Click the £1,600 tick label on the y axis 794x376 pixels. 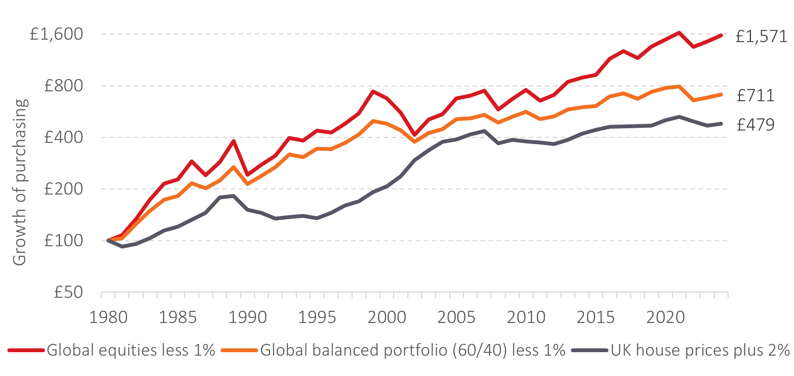click(56, 34)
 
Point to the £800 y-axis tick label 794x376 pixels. click(63, 86)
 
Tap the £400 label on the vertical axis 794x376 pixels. click(63, 137)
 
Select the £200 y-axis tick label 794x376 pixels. click(63, 189)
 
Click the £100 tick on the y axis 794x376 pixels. click(63, 240)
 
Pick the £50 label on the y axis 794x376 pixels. click(68, 292)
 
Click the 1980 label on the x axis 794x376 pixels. click(108, 317)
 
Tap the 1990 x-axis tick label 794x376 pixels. click(248, 317)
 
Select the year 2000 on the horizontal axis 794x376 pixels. click(387, 317)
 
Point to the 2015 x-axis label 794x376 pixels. click(596, 317)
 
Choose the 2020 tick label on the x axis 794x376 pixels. click(665, 317)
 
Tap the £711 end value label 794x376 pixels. click(756, 95)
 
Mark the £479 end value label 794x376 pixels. click(756, 125)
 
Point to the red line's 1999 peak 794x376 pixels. click(373, 91)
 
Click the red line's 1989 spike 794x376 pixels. click(234, 141)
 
